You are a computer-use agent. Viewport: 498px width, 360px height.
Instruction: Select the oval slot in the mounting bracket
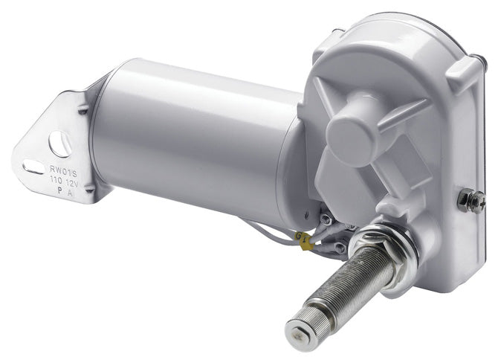click(x=34, y=167)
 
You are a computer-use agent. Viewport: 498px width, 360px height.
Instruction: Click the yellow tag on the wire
click(x=303, y=238)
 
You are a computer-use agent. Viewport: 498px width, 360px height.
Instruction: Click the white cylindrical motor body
click(x=193, y=134)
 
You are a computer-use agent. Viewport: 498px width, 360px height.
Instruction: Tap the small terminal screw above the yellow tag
click(x=325, y=219)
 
